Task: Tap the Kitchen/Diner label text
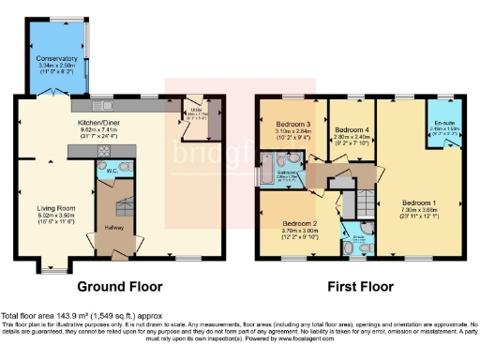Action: (x=104, y=124)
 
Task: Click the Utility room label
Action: (x=197, y=113)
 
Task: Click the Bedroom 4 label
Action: (x=352, y=129)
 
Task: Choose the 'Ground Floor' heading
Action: (x=120, y=286)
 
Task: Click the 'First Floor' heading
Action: (x=361, y=286)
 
